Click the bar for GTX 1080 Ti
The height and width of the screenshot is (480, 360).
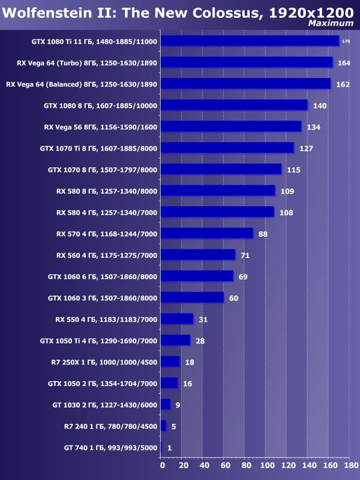[x=250, y=41]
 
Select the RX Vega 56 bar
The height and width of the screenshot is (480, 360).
[x=231, y=127]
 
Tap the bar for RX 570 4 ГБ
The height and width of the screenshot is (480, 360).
[x=207, y=233]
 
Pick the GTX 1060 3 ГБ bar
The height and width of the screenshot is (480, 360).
[x=192, y=297]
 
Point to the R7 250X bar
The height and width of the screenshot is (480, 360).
[x=170, y=362]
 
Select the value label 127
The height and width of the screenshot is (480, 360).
[x=306, y=148]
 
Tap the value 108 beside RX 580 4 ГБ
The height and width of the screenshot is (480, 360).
[x=286, y=213]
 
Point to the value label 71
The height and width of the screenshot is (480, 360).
[x=244, y=256]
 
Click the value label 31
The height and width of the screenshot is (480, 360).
[x=203, y=320]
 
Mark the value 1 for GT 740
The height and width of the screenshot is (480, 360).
[x=169, y=448]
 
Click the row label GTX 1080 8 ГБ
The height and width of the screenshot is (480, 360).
[x=100, y=105]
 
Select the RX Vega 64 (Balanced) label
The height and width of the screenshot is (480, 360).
[x=81, y=84]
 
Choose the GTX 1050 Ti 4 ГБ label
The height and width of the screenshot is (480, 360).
[x=98, y=340]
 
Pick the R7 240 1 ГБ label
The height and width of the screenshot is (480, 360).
[x=110, y=426]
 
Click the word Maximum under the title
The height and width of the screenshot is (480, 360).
[x=330, y=23]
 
